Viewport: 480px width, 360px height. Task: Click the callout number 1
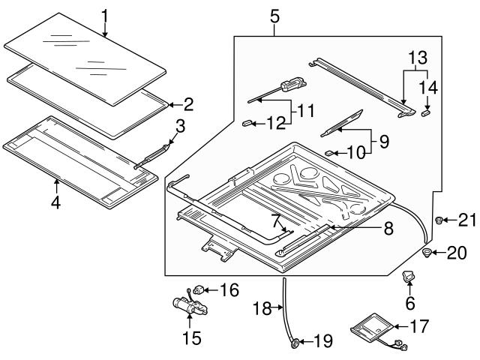click(105, 14)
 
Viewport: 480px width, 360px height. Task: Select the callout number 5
click(274, 13)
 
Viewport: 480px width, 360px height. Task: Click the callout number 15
click(192, 337)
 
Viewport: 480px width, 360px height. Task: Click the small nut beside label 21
click(439, 220)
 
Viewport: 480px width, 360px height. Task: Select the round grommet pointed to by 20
click(428, 252)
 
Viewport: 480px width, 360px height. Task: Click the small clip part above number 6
click(409, 278)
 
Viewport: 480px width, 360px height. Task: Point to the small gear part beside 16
click(200, 288)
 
